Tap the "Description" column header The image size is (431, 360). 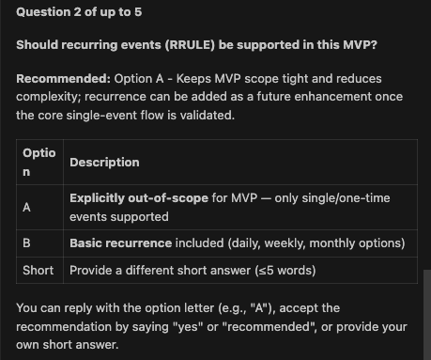click(104, 162)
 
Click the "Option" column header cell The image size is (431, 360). click(38, 162)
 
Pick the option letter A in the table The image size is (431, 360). click(27, 208)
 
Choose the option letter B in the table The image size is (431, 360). click(27, 243)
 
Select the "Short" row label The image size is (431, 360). click(38, 271)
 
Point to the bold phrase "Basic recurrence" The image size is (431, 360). click(120, 243)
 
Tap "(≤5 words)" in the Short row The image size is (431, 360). click(283, 271)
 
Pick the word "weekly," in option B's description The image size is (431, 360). click(280, 243)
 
